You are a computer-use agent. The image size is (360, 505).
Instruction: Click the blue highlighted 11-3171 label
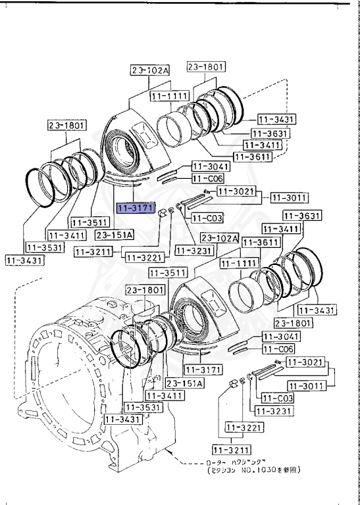tap(136, 208)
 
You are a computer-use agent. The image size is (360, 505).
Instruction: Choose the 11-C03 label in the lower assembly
tap(277, 398)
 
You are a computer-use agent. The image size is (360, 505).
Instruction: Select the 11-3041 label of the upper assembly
tap(209, 167)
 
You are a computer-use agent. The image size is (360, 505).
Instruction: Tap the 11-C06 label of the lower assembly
tap(279, 349)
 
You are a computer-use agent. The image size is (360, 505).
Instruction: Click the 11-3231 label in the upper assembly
tap(193, 251)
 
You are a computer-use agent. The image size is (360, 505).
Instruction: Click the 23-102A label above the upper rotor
tap(149, 70)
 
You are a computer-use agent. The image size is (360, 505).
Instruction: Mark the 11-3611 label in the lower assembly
tap(258, 243)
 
